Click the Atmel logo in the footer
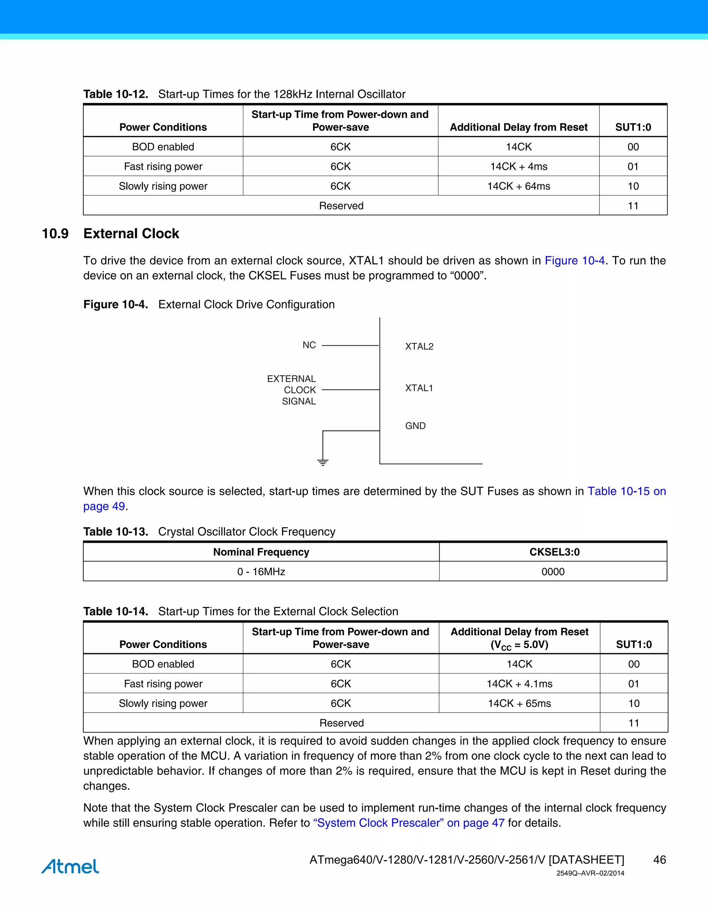point(70,866)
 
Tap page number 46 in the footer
point(659,860)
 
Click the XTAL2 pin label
point(419,346)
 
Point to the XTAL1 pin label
point(419,388)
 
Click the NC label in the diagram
point(309,345)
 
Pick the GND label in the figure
point(415,426)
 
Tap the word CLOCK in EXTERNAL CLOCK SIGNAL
point(300,390)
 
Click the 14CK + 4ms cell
point(519,166)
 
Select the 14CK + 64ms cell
point(519,186)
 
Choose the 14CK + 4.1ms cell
point(519,684)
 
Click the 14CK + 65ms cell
point(519,703)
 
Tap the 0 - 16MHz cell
point(261,571)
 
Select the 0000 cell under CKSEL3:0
point(553,571)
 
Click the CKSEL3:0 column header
point(554,552)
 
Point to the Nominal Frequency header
point(261,552)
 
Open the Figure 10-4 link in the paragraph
point(574,261)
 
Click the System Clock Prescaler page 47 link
point(409,823)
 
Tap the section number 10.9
point(55,233)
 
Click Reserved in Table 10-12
point(341,206)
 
